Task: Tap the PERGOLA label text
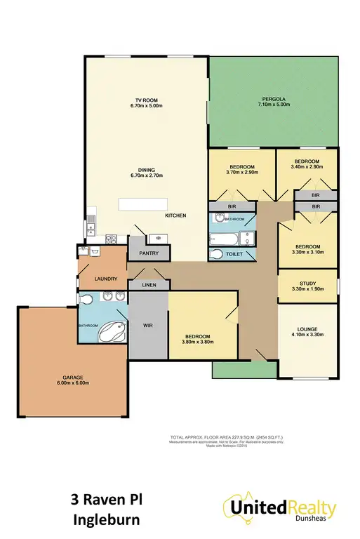click(274, 99)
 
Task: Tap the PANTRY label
click(149, 253)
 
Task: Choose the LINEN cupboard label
click(149, 285)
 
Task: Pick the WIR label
click(147, 326)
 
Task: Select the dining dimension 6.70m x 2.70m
click(146, 176)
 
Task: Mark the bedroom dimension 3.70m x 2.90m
click(243, 172)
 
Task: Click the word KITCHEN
click(175, 215)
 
